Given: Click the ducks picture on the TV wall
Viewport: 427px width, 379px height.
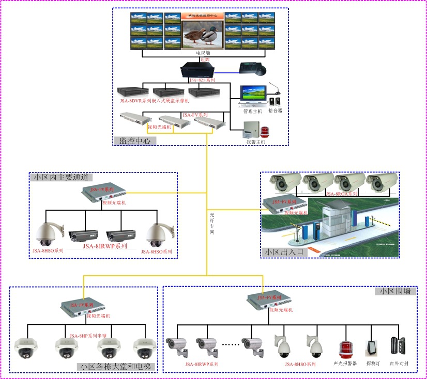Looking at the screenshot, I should pos(202,35).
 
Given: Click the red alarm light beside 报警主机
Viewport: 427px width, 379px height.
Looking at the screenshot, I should pos(266,132).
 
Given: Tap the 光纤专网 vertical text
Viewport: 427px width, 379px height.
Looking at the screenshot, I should pos(212,222).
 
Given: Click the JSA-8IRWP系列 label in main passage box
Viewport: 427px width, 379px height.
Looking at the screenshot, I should pos(105,246).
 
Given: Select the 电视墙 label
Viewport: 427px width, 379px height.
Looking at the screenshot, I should pos(203,53).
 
